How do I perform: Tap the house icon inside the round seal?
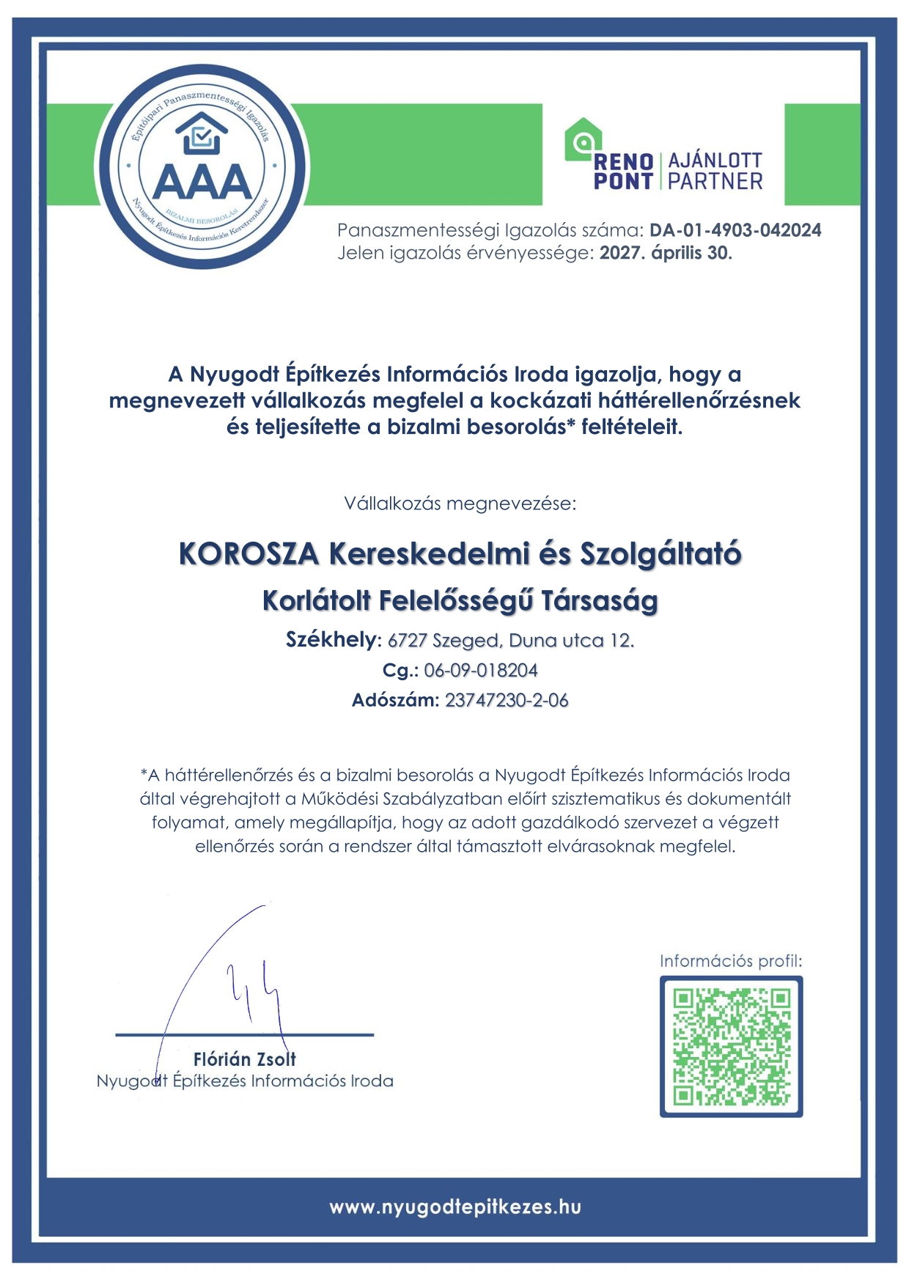click(x=202, y=133)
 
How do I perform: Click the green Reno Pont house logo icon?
click(x=583, y=139)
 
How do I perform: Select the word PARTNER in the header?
click(x=715, y=181)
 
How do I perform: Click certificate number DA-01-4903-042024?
click(x=735, y=230)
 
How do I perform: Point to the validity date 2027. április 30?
click(x=666, y=254)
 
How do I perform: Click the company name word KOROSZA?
click(x=249, y=554)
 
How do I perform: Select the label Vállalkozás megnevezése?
click(x=460, y=504)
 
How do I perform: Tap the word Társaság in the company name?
click(x=600, y=601)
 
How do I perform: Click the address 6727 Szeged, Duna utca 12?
click(x=511, y=641)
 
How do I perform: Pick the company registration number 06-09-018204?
click(x=481, y=670)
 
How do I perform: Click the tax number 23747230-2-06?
click(x=507, y=700)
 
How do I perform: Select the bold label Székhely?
click(x=331, y=640)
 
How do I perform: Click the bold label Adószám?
click(x=395, y=700)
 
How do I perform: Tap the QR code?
click(x=731, y=1046)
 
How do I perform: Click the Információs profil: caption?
click(x=731, y=961)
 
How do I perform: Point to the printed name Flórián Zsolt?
click(x=245, y=1059)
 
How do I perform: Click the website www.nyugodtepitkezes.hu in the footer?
click(x=454, y=1207)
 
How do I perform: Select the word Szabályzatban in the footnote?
click(x=432, y=799)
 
